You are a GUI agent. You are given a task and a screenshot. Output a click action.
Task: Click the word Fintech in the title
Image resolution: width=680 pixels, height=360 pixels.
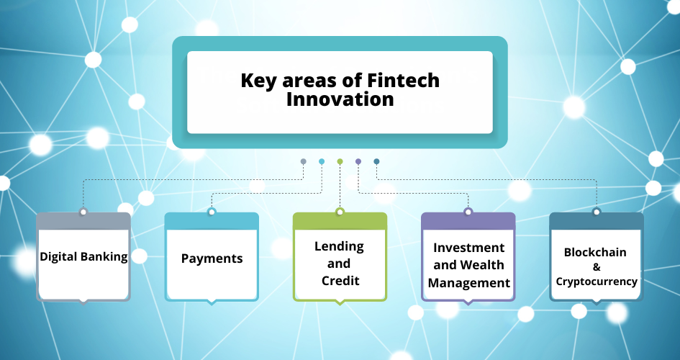tap(403, 80)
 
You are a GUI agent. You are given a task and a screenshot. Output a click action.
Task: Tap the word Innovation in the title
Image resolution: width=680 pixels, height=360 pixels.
tap(340, 99)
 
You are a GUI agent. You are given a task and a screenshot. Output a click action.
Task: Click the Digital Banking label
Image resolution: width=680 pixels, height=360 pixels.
tap(83, 257)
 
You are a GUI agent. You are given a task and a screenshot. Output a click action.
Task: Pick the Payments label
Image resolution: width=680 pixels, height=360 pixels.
tap(212, 258)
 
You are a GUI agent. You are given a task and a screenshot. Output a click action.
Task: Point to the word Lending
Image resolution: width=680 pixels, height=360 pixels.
tap(339, 246)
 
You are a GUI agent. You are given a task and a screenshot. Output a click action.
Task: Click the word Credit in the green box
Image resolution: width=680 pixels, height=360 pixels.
tap(340, 281)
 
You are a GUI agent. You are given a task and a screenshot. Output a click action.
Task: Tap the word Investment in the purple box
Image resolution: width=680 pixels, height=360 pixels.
tap(468, 248)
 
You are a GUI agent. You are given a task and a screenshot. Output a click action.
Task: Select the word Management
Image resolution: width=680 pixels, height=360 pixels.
tap(468, 283)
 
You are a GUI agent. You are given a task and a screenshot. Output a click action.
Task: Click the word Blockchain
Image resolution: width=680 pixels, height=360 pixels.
tap(595, 252)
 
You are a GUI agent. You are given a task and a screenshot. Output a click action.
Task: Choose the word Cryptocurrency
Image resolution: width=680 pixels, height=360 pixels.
tap(597, 282)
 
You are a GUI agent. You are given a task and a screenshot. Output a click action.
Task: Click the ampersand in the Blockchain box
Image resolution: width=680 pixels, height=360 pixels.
tap(597, 266)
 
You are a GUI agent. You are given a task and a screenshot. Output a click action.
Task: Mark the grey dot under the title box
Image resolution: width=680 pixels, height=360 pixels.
tap(304, 161)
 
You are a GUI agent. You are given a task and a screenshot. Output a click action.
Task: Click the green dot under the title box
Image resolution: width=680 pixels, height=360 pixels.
tap(340, 161)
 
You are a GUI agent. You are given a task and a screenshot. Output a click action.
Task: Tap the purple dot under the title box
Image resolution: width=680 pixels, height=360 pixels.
tap(358, 161)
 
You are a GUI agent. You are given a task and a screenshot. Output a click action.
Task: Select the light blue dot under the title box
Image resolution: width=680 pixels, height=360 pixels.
tap(322, 161)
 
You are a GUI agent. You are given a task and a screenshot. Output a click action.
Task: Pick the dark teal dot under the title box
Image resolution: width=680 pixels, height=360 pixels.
tap(376, 161)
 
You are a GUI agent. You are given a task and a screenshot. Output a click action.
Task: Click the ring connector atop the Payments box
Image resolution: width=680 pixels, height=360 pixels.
tap(212, 212)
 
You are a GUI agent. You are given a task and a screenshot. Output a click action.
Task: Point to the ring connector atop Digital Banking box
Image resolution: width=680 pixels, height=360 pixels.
tap(83, 212)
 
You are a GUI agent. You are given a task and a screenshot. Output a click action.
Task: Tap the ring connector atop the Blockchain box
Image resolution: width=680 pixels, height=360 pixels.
tap(597, 212)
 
